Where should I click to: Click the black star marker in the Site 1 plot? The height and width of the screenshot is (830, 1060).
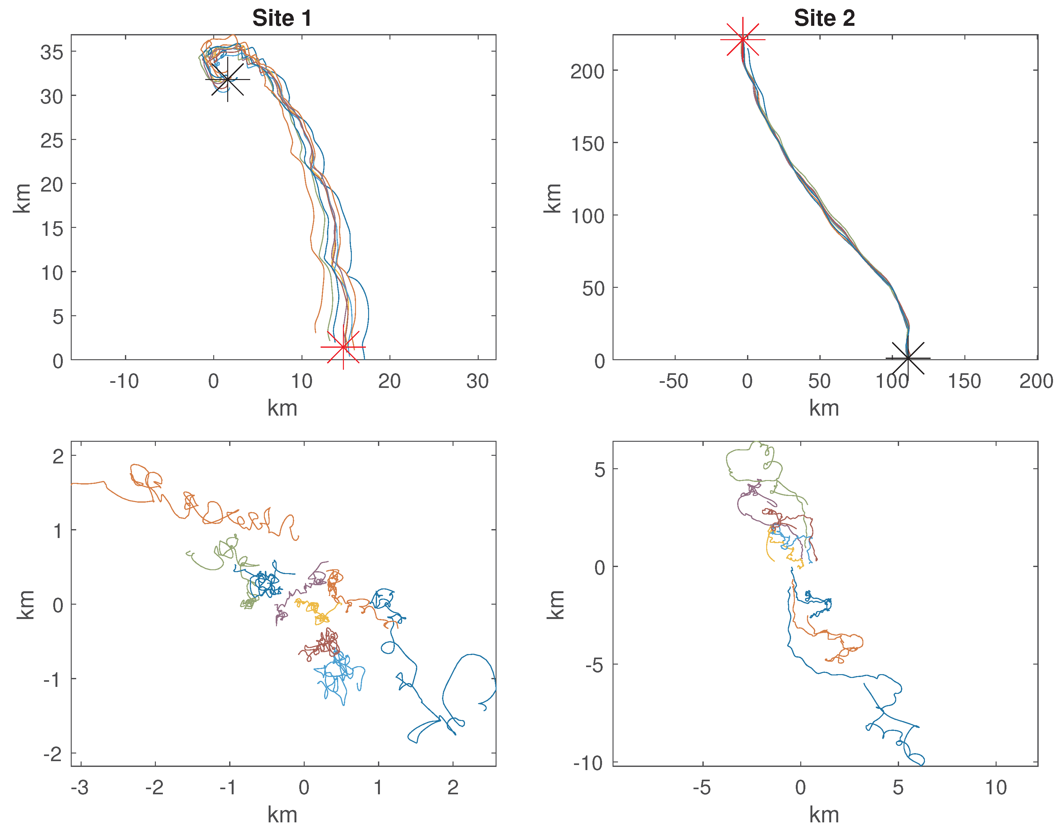pos(227,79)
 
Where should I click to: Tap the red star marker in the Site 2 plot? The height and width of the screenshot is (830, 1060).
pos(742,39)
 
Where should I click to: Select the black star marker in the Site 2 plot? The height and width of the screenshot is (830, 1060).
pos(907,358)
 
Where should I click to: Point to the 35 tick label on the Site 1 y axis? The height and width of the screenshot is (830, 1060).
pos(52,52)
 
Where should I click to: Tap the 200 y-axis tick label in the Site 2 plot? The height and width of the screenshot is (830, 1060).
pos(587,71)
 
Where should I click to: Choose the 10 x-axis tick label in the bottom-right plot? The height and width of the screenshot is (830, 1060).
pos(995,788)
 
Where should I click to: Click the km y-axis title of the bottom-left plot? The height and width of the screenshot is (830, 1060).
pos(25,605)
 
